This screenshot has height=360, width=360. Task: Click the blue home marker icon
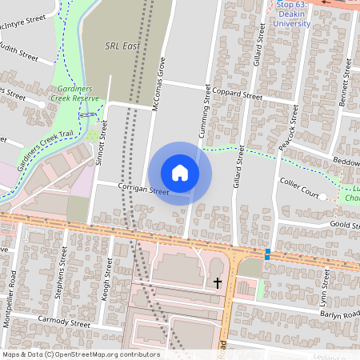coord(180,172)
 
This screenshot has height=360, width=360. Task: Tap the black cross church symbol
coord(217,282)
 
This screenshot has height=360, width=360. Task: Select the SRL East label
coord(122,46)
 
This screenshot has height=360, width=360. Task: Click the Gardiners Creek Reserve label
coord(77,93)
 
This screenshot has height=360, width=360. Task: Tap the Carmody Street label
coord(64,322)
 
